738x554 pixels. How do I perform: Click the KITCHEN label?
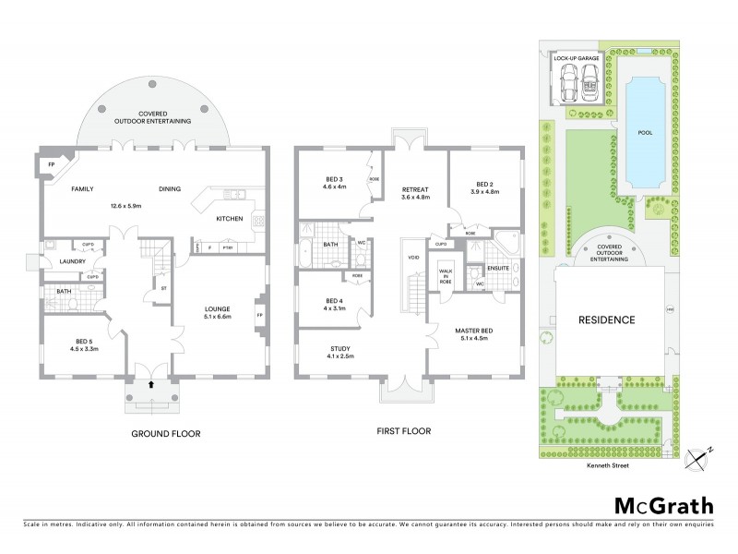tap(230, 219)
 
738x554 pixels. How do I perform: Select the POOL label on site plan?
tap(645, 132)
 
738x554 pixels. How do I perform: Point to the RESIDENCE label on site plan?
tap(606, 320)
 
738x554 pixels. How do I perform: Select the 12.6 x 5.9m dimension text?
tap(125, 206)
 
